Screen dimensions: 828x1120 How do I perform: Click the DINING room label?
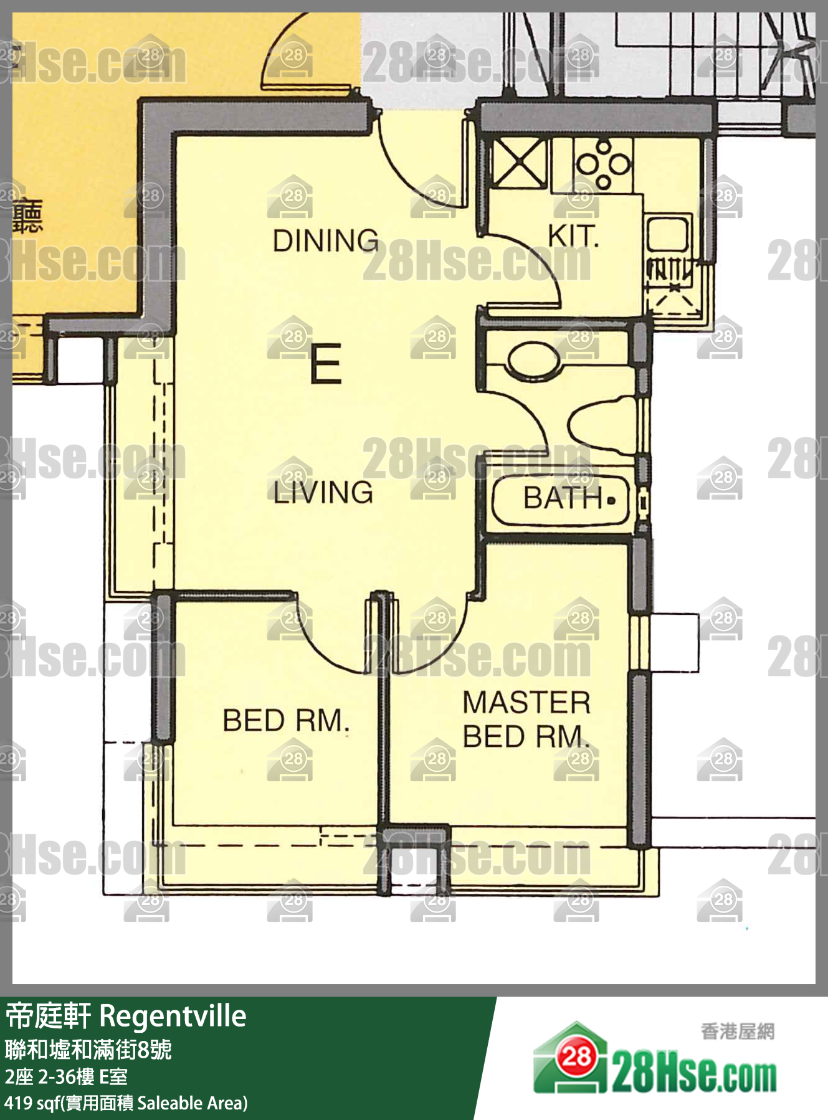click(325, 240)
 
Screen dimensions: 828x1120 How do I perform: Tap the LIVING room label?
click(323, 492)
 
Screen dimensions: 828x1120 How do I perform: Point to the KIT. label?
click(573, 236)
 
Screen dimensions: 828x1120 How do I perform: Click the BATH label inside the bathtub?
click(563, 498)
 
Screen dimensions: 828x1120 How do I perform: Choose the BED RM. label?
click(286, 721)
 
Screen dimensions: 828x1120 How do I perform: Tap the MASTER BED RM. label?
click(526, 719)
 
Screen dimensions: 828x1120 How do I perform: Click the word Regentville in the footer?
click(173, 1017)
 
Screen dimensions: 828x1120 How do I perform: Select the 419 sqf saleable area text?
click(126, 1103)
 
